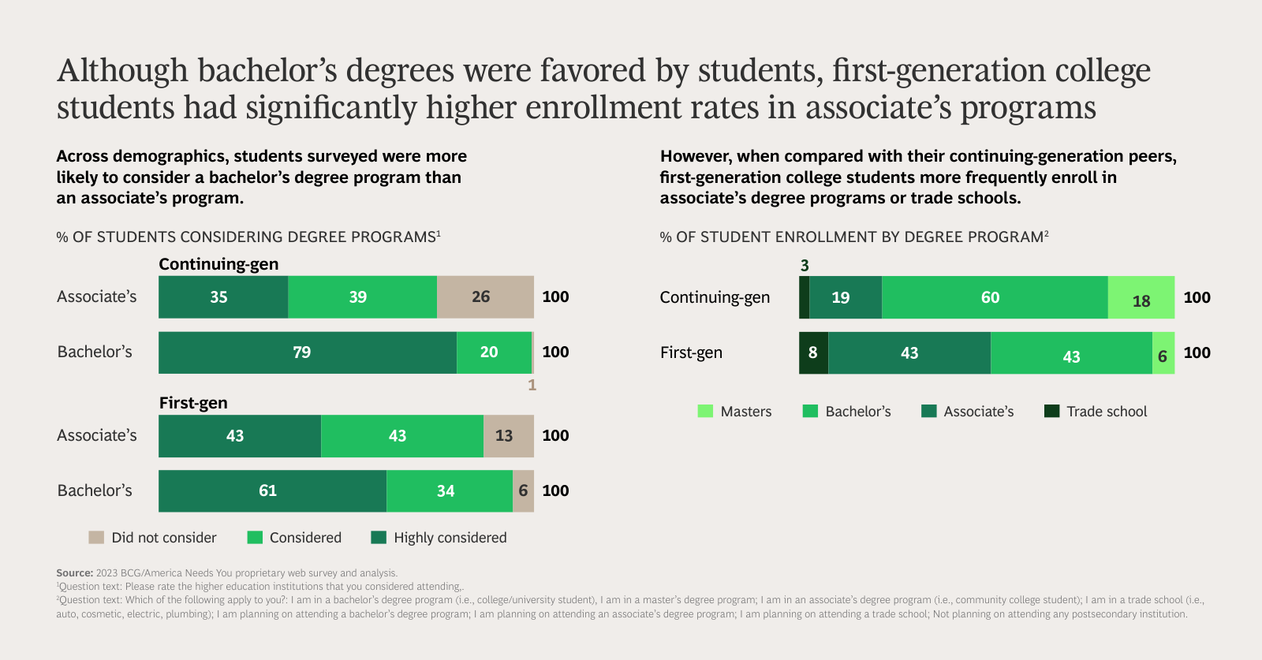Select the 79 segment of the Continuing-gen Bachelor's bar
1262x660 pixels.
tap(308, 352)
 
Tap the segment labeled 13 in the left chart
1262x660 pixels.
tap(508, 436)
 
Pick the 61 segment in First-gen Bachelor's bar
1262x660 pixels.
tap(272, 491)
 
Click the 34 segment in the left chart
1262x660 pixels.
tap(450, 491)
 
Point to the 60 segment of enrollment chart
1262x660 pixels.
tap(994, 297)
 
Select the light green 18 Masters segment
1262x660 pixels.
tap(1141, 297)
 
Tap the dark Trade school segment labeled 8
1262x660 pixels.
tap(813, 352)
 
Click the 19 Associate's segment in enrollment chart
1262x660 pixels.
tap(845, 297)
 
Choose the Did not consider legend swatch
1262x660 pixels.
tap(96, 538)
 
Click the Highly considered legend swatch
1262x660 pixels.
tap(379, 538)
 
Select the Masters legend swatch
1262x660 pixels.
tap(705, 412)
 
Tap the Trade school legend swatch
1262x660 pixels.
tap(1051, 412)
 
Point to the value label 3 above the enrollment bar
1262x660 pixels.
tap(805, 266)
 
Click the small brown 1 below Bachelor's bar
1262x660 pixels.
tap(532, 385)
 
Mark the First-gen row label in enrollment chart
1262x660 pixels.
tap(691, 352)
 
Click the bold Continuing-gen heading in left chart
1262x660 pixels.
tap(218, 264)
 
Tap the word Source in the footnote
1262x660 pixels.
tap(74, 573)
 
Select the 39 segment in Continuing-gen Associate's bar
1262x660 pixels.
tap(361, 297)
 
